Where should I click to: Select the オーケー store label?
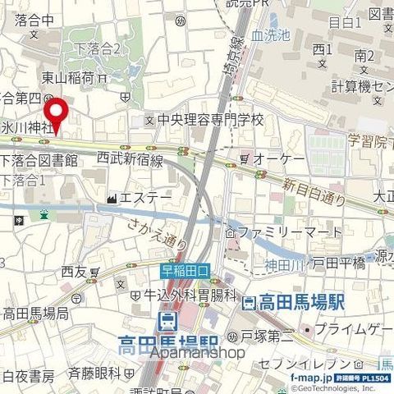click(x=278, y=158)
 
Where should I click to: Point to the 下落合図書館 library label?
click(x=40, y=161)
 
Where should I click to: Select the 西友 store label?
click(x=73, y=271)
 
